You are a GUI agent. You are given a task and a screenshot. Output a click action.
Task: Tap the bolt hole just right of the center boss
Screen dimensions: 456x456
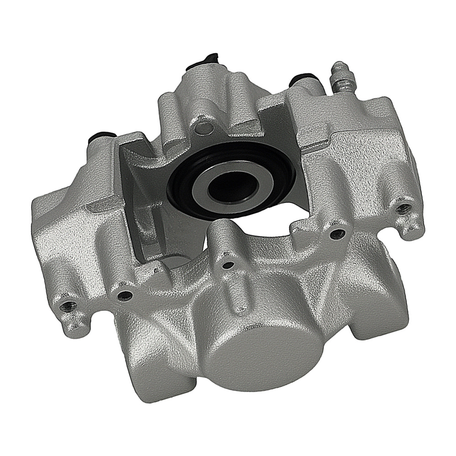[337, 234]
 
